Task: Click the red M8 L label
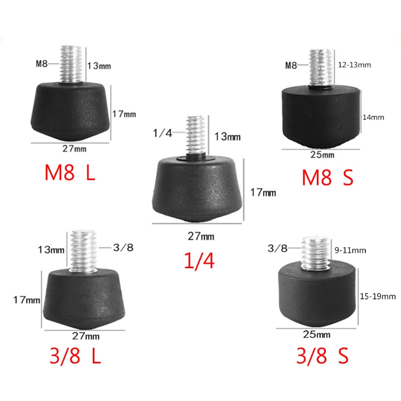70,172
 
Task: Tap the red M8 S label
328,177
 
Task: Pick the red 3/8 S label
322,355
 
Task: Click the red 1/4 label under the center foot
199,261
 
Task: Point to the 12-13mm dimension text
354,65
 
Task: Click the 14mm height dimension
373,117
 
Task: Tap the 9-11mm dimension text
350,250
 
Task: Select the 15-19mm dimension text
378,296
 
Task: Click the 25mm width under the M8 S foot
322,155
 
